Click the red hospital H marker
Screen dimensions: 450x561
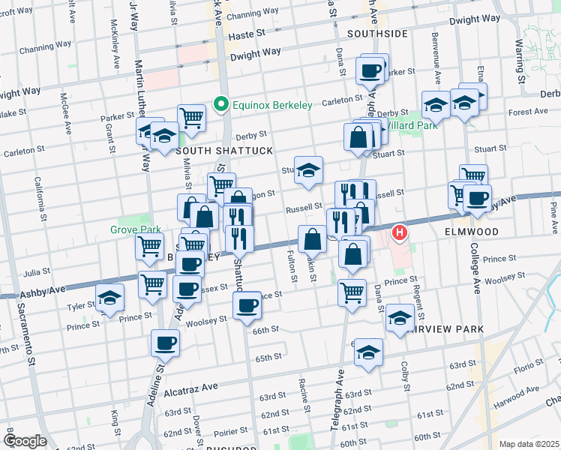400,233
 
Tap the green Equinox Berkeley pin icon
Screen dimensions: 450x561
220,104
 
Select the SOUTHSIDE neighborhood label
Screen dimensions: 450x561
377,34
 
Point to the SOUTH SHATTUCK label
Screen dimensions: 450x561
214,151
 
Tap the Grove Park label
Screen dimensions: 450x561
130,229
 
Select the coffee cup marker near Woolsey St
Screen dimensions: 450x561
247,304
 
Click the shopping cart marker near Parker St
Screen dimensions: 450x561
192,118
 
